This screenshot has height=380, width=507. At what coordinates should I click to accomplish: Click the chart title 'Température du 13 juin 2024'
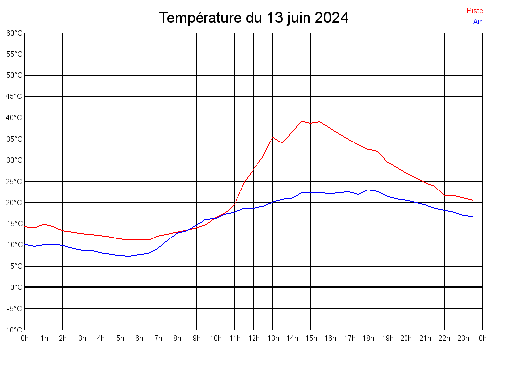pos(253,18)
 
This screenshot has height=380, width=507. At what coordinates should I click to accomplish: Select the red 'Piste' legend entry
pos(475,11)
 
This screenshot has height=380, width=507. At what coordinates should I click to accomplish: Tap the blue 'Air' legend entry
pos(477,21)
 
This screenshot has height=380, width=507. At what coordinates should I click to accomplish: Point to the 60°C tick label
pos(14,33)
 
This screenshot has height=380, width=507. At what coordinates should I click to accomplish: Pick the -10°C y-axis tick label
pos(13,330)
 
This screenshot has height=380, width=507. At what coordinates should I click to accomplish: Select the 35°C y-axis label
pos(14,139)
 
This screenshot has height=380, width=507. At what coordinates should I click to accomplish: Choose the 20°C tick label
pos(14,202)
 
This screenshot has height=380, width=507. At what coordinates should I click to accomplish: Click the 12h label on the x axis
pos(253,338)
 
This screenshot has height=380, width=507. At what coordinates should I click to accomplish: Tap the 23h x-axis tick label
pos(463,338)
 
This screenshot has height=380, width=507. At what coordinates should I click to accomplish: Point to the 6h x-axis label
pos(139,338)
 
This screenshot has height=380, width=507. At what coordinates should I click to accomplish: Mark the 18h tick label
pos(368,338)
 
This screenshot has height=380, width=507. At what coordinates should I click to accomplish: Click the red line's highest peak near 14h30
pos(301,121)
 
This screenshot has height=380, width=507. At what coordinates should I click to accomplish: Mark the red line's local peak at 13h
pos(273,137)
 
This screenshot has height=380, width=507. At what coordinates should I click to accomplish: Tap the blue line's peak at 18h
pos(368,190)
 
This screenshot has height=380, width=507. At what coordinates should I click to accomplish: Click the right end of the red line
pos(473,200)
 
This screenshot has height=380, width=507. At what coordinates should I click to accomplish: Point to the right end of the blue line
pos(473,217)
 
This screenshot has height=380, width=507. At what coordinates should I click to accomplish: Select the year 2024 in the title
pos(331,18)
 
